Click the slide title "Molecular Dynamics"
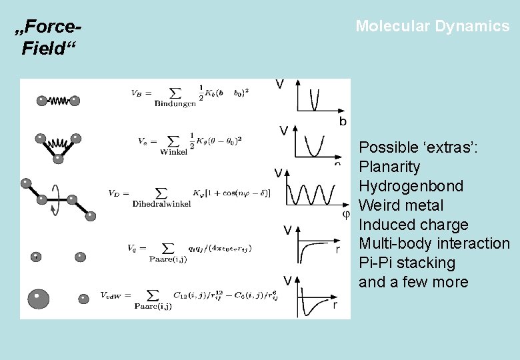pos(432,27)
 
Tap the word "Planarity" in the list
pos(389,167)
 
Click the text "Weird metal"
pos(401,205)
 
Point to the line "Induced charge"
pos(413,225)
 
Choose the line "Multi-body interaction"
pos(434,244)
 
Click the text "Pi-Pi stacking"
pos(407,263)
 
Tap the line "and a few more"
pos(413,283)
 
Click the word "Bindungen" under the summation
pos(175,103)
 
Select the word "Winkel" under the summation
pos(174,151)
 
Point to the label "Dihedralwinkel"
pos(163,203)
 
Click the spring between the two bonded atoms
pos(58,101)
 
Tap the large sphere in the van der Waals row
pos(39,297)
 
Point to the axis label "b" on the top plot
pos(343,121)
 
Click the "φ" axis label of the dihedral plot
pos(345,214)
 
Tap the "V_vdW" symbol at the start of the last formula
pos(110,295)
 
